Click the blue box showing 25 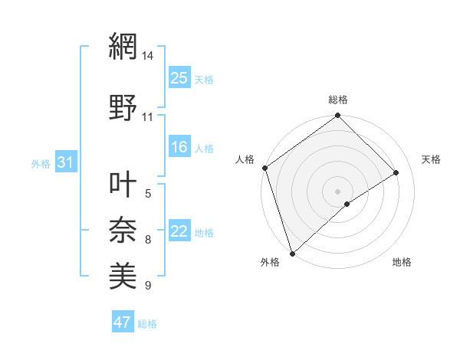pos(179,77)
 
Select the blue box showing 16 pos(179,147)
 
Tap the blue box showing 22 pos(179,231)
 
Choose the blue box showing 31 pos(65,162)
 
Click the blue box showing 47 pos(123,322)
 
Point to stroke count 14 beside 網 pos(147,57)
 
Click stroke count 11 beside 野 pos(147,117)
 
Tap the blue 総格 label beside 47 pos(147,324)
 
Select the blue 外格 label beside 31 pos(41,163)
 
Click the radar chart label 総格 pos(338,100)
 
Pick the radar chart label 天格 pos(432,159)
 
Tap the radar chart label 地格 pos(402,262)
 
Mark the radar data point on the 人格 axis pos(264,168)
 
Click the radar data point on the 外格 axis pos(291,253)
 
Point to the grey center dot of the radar pos(337,191)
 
